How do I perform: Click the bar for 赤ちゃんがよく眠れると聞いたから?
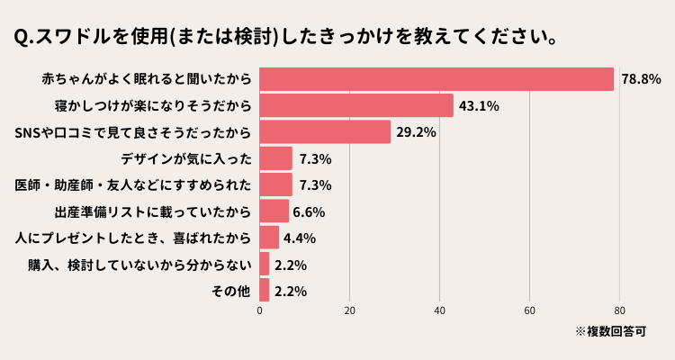(x=436, y=79)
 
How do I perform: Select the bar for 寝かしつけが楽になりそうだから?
(x=356, y=105)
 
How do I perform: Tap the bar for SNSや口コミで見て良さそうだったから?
(x=325, y=132)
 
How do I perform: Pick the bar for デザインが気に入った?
(x=276, y=158)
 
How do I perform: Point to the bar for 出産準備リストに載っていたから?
(x=274, y=211)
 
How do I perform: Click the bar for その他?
(x=265, y=291)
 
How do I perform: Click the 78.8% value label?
(x=640, y=79)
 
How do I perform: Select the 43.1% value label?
(x=479, y=106)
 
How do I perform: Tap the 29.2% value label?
(x=417, y=132)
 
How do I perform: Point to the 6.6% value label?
(x=309, y=212)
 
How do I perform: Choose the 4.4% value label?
(x=299, y=238)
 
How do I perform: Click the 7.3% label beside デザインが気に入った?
(x=316, y=159)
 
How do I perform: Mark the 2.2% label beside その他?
(x=291, y=292)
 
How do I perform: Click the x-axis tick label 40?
(x=440, y=311)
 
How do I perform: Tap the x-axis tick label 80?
(x=620, y=311)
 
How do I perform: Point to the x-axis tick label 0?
(x=260, y=311)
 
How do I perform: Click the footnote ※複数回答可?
(x=611, y=331)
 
